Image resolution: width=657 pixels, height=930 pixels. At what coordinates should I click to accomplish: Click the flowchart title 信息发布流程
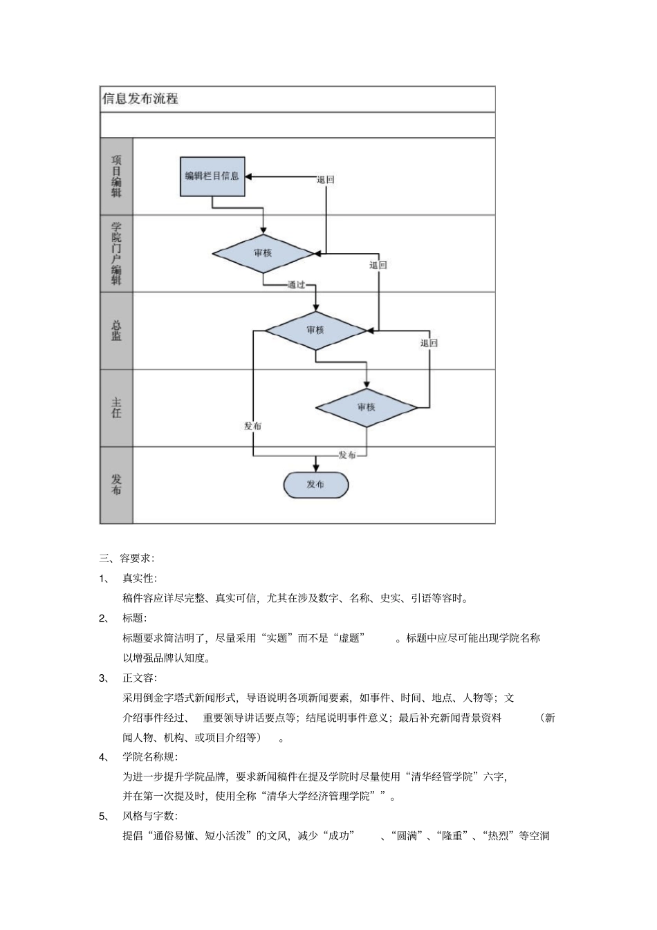140,99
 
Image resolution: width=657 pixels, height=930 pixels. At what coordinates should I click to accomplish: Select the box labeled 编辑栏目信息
212,176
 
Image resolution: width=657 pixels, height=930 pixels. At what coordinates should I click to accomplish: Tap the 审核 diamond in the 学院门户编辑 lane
263,253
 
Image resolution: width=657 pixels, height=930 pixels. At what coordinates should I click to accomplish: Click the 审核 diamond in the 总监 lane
315,330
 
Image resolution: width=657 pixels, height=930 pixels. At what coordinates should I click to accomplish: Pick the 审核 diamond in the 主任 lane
367,407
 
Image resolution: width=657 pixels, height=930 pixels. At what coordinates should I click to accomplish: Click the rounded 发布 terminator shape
315,485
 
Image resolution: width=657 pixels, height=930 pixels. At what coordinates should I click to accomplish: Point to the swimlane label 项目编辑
116,176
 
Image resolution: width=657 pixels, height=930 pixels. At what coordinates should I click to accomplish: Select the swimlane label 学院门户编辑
116,253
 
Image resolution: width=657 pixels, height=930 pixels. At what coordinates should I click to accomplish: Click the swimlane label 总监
116,331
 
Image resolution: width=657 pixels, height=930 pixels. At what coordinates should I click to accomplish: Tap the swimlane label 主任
116,407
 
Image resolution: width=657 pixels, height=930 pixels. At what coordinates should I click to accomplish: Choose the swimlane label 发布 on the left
116,485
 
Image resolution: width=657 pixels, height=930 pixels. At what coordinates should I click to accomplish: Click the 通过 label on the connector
297,285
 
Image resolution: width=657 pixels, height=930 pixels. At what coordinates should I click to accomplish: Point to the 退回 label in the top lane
326,180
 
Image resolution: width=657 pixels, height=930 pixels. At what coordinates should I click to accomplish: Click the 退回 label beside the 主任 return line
429,343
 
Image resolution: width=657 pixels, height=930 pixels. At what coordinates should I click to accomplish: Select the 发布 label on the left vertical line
252,426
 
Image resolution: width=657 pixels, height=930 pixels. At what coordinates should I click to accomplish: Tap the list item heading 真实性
139,578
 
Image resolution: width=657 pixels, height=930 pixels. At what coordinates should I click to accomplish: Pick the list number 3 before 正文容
103,678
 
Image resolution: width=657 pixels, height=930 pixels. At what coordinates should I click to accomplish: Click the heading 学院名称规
149,757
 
